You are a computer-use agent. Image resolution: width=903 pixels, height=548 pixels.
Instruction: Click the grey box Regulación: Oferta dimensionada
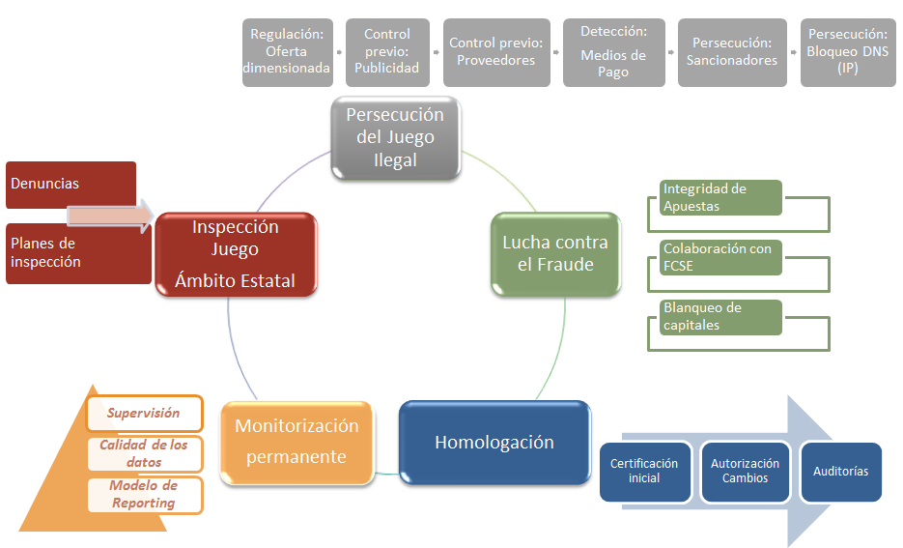pos(286,52)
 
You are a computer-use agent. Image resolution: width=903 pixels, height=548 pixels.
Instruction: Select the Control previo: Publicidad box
pos(386,52)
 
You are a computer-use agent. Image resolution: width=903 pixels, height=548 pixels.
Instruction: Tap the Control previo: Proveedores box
pos(496,52)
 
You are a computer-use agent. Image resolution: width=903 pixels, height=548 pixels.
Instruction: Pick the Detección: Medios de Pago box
pos(613,52)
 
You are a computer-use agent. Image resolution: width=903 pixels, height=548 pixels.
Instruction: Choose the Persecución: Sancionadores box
pos(732,52)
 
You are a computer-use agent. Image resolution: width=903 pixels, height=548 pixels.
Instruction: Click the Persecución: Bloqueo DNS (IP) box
pos(848,52)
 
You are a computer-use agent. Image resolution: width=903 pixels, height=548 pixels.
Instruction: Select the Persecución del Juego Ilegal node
pos(395,137)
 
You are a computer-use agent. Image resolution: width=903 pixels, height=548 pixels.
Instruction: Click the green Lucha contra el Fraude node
pos(554,252)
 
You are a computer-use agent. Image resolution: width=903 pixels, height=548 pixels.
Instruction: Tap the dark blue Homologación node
pos(494,443)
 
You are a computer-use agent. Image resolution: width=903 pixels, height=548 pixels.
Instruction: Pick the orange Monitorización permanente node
pos(296,442)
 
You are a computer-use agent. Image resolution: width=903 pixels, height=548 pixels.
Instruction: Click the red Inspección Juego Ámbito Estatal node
pos(236,254)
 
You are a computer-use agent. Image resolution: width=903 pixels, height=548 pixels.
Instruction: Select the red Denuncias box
pos(71,184)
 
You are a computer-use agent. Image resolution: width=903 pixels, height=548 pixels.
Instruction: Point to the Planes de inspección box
pos(77,253)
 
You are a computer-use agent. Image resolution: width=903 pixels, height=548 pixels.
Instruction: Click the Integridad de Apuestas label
pos(720,197)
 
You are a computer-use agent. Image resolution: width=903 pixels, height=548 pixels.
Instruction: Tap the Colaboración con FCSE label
pos(720,256)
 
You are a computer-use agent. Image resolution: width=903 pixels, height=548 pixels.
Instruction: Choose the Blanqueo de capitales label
pos(720,316)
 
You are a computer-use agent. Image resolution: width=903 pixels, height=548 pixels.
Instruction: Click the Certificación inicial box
pos(644,472)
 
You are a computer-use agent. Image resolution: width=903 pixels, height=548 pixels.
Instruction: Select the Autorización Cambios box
pos(744,472)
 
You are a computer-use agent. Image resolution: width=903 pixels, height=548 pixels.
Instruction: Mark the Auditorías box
pos(839,472)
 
